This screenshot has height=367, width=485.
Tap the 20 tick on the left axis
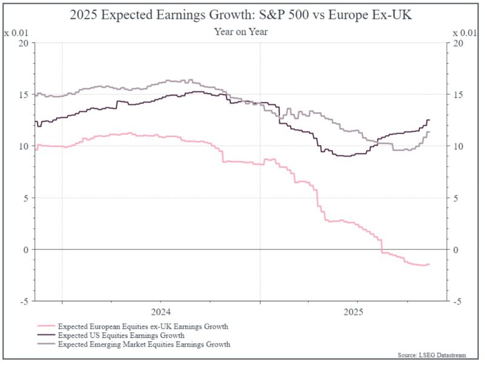coord(24,43)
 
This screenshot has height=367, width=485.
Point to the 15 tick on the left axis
coord(24,95)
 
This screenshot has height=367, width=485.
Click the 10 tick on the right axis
coord(458,146)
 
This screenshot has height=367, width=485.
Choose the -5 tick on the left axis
coord(24,301)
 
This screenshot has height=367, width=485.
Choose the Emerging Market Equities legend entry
coord(144,344)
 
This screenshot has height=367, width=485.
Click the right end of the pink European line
coord(430,264)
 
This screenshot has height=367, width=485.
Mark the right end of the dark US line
coord(430,120)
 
